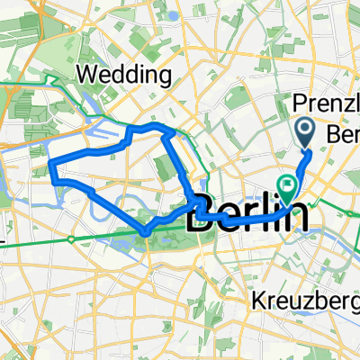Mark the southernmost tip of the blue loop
pyautogui.click(x=144, y=235)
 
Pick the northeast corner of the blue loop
pyautogui.click(x=169, y=131)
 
